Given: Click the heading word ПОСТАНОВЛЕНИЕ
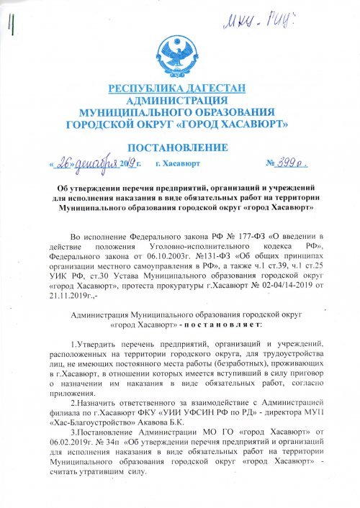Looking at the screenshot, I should [178, 149].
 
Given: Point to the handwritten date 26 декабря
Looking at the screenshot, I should [85, 164].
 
